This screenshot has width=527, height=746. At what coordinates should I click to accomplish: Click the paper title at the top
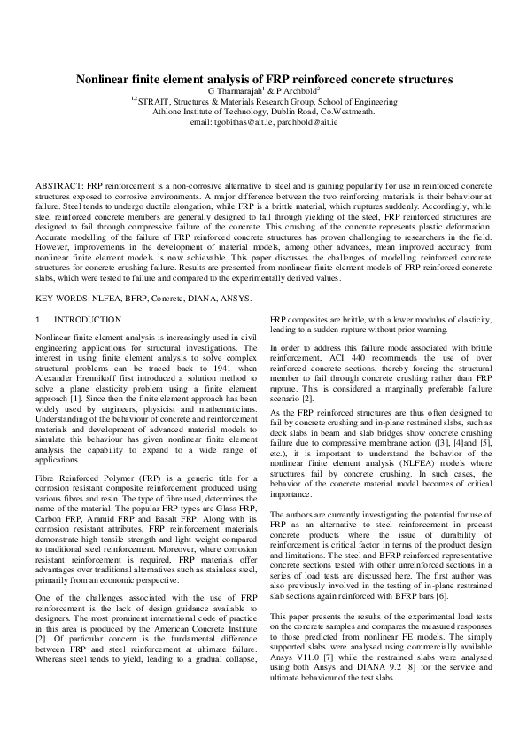pos(263,78)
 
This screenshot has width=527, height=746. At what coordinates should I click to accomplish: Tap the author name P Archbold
pos(297,90)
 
